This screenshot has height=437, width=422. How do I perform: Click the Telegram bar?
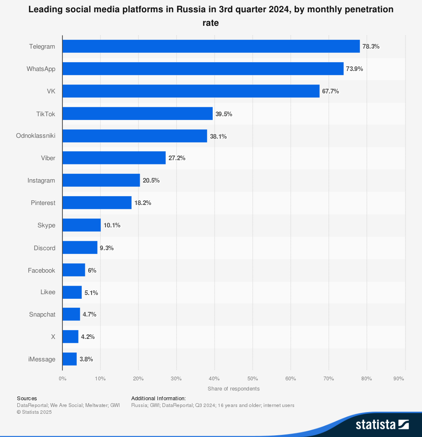[x=211, y=46]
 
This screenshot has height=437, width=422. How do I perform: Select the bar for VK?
[x=191, y=91]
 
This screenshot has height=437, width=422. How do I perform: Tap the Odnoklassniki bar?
[x=135, y=136]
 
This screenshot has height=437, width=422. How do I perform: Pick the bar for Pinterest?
[x=97, y=203]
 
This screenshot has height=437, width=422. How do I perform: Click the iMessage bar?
[x=70, y=359]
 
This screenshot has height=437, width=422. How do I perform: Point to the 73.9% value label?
[x=354, y=69]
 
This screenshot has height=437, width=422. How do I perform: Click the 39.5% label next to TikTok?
[x=224, y=114]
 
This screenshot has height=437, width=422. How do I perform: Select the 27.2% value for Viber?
[x=177, y=158]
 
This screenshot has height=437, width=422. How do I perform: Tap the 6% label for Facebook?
[x=92, y=270]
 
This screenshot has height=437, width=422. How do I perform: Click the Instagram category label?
[x=41, y=180]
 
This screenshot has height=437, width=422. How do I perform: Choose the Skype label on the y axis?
[x=46, y=225]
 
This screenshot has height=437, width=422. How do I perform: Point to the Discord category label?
[x=44, y=248]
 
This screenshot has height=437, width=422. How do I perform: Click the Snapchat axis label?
[x=42, y=314]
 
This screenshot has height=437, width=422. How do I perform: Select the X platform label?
[x=53, y=337]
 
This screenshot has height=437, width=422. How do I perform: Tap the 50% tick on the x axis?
[x=252, y=379]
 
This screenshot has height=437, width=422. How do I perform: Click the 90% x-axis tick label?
[x=399, y=379]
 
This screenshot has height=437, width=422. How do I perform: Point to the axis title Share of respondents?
[x=233, y=389]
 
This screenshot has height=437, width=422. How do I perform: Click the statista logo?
[x=382, y=424]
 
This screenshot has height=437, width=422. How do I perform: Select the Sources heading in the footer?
[x=27, y=398]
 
